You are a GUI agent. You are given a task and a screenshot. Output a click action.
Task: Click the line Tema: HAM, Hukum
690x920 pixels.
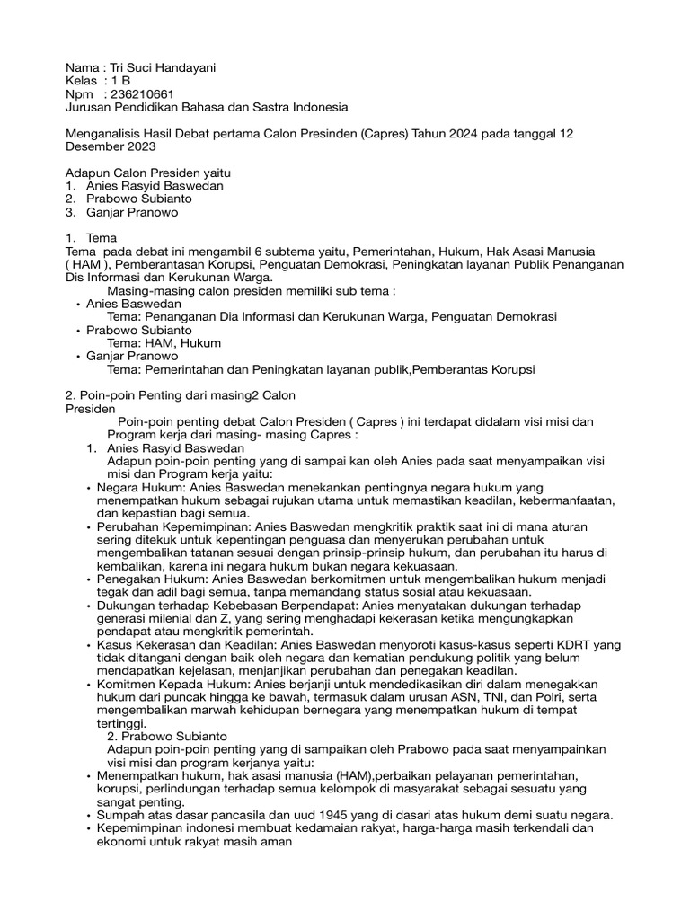click(x=164, y=343)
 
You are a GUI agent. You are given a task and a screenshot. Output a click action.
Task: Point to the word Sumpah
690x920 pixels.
click(x=121, y=815)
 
